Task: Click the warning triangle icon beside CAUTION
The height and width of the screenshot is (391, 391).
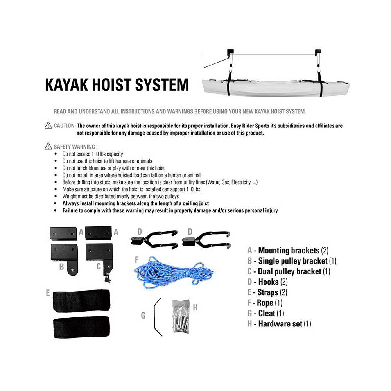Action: [x=48, y=126]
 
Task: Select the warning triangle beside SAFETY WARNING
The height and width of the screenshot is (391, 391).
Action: [x=48, y=147]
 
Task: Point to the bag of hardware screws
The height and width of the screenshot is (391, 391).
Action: [x=181, y=316]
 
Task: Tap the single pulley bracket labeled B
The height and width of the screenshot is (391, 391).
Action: [x=65, y=256]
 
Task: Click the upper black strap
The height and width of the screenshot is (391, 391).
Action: [x=81, y=301]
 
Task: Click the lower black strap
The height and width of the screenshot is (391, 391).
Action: [x=81, y=328]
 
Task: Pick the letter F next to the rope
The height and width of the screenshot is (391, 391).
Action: [x=136, y=260]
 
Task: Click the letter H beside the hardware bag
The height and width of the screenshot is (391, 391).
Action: [x=195, y=308]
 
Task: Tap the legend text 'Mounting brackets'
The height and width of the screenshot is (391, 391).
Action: [x=289, y=250]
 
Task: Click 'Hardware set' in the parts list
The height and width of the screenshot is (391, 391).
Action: [x=280, y=324]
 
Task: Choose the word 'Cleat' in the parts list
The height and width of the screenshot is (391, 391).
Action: [x=267, y=313]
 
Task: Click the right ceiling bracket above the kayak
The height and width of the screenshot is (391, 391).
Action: [x=318, y=51]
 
